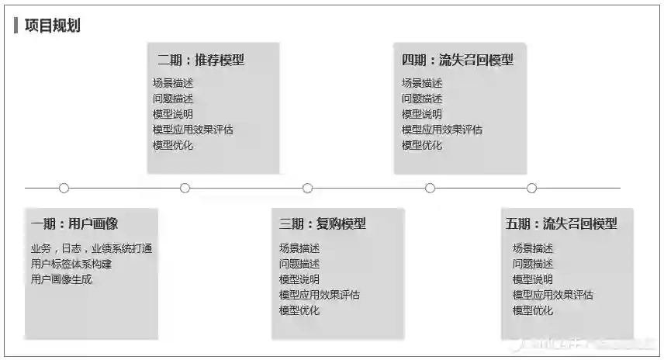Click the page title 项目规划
click(x=52, y=26)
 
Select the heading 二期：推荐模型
click(x=201, y=60)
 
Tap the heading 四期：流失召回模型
click(x=458, y=60)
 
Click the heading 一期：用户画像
click(x=74, y=224)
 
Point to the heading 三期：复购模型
click(x=323, y=224)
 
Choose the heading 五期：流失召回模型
click(x=562, y=224)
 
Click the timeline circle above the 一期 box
click(x=64, y=188)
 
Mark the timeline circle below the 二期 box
click(x=185, y=188)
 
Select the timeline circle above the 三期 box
click(x=308, y=188)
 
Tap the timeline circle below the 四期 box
click(x=430, y=188)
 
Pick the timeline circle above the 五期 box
click(x=531, y=188)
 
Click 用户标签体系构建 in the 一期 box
click(x=71, y=264)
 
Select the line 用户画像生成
click(x=61, y=279)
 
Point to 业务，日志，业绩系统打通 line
click(x=91, y=248)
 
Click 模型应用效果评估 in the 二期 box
click(x=193, y=130)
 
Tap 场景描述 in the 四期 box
click(x=422, y=83)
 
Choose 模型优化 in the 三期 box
click(x=299, y=310)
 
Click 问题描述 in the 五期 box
click(x=533, y=264)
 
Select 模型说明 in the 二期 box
click(x=173, y=114)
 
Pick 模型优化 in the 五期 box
click(x=533, y=310)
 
